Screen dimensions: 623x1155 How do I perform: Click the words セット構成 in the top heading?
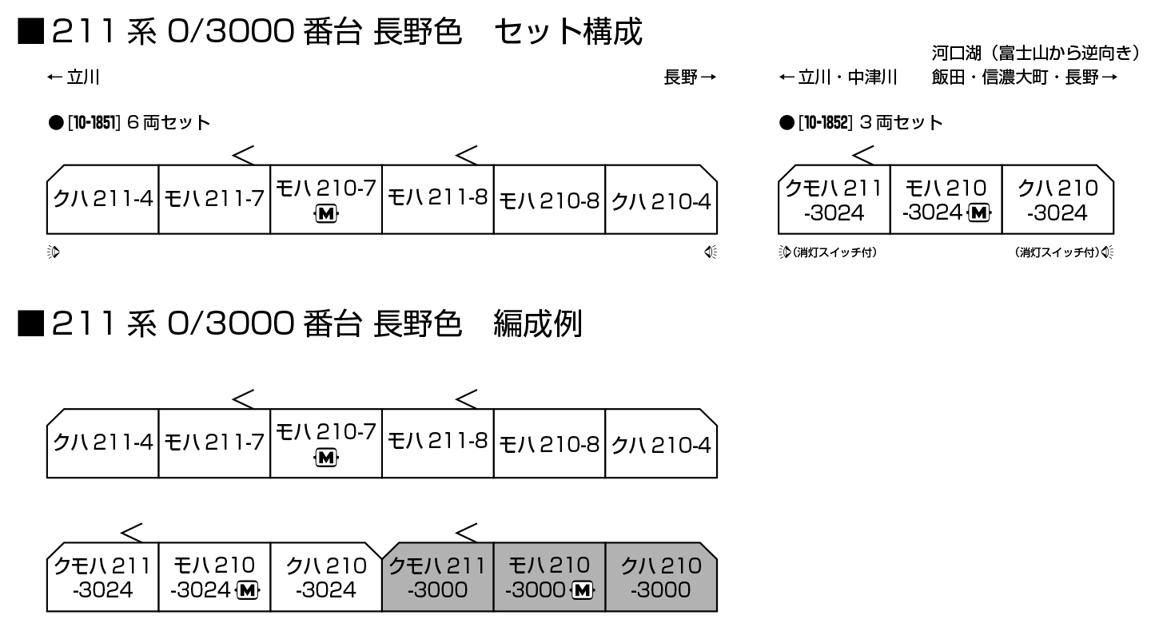(x=568, y=33)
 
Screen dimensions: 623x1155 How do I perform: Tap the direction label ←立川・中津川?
(x=838, y=77)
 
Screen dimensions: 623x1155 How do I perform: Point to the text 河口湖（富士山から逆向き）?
(x=1035, y=54)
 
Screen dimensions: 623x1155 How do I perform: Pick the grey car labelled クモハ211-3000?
(x=437, y=577)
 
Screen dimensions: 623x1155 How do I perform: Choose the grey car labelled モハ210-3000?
(x=550, y=577)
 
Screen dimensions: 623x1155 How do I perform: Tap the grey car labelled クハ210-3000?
(x=660, y=577)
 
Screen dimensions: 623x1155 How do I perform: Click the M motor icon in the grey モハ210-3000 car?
(x=583, y=590)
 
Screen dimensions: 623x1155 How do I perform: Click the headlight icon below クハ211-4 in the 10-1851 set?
(x=54, y=253)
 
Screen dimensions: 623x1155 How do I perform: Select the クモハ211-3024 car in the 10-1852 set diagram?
(x=833, y=200)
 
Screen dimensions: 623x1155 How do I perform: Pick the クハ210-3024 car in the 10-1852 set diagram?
(x=1057, y=200)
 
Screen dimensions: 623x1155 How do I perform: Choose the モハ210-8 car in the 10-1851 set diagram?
(x=549, y=200)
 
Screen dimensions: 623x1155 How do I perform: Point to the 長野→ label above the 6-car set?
(x=689, y=77)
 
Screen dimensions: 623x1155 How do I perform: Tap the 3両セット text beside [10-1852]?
(x=901, y=123)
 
